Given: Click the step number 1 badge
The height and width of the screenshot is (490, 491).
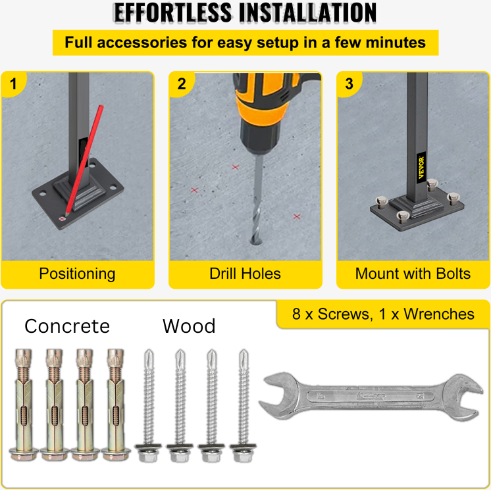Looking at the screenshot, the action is point(13,84).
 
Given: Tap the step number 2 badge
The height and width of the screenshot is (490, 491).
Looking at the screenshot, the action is point(181,84).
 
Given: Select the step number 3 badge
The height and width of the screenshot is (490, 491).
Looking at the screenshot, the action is point(349,84).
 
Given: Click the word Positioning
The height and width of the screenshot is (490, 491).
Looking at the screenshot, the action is point(78,274).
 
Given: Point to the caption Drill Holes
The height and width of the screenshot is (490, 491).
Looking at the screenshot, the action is point(245,274).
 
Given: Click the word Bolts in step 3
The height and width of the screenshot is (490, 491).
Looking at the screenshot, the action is point(453,274).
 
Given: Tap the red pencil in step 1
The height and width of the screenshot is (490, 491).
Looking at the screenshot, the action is point(84,161).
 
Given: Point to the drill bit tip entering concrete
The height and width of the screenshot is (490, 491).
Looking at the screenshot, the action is point(256,241).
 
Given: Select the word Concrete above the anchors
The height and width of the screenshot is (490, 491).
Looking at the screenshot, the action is point(67,326).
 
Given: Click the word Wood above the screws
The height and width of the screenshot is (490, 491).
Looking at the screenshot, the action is point(189,326).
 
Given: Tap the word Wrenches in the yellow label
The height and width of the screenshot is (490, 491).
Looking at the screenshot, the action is point(439,314).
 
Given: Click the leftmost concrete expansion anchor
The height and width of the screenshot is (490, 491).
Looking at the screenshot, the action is point(24,405).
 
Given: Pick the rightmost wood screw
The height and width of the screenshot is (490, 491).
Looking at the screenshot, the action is point(244,406).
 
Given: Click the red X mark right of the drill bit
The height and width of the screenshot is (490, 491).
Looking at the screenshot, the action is point(297,216).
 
